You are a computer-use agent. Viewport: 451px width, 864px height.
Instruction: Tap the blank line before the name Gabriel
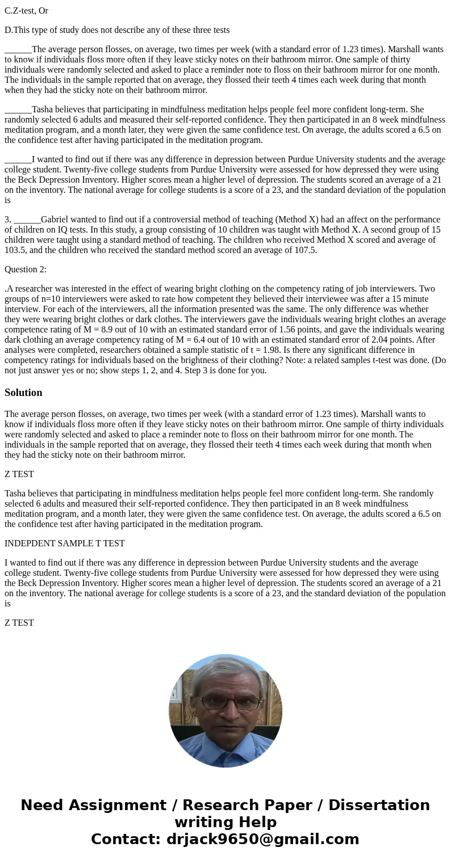(27, 220)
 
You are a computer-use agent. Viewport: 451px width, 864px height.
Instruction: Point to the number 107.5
(306, 250)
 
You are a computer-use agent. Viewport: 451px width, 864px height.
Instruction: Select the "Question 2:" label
(26, 269)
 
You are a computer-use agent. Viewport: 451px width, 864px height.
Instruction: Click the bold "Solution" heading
(23, 393)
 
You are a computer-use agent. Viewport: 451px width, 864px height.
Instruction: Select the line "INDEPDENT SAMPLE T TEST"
(65, 543)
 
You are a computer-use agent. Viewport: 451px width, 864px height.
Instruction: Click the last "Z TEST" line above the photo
(19, 623)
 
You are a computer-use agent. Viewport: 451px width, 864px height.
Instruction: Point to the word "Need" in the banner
(45, 806)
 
